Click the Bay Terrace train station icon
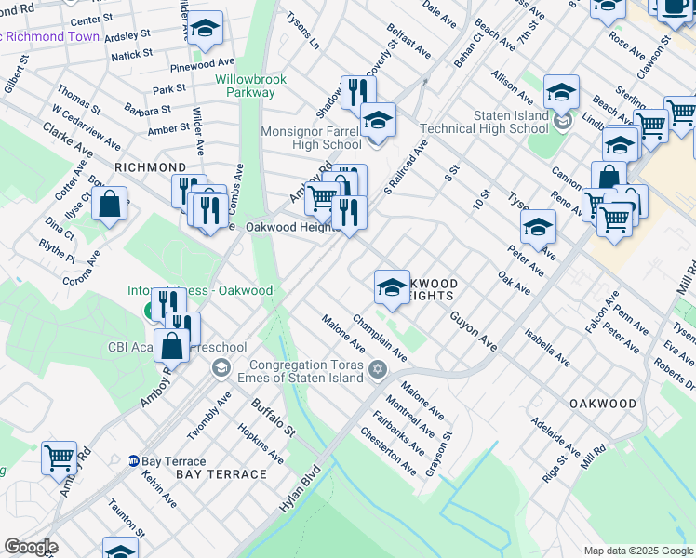pos(134,460)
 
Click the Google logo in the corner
pos(31,547)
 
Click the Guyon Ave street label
pos(474,331)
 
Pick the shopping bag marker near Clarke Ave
pos(110,205)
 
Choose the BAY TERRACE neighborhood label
pos(221,474)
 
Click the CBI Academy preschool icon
pos(221,369)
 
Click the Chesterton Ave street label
pos(387,451)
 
